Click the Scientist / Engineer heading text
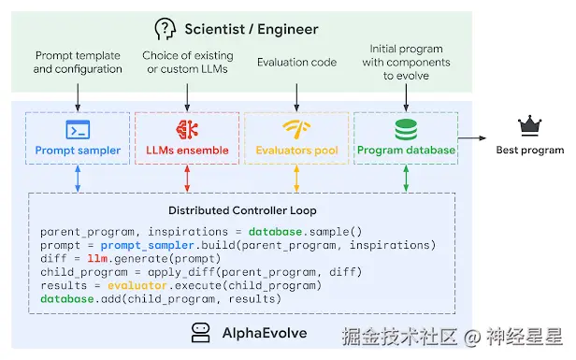(x=250, y=28)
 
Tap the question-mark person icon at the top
(x=165, y=28)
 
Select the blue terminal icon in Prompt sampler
(x=78, y=129)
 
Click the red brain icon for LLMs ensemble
(x=187, y=129)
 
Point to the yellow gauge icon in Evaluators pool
(x=296, y=129)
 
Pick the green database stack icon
(x=406, y=129)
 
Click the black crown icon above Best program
(x=530, y=126)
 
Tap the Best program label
(x=530, y=150)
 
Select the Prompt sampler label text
(x=78, y=150)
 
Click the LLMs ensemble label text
(x=187, y=150)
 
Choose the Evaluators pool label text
(x=296, y=150)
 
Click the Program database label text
(x=406, y=150)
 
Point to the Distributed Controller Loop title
(x=241, y=209)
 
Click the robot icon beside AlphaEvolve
(x=200, y=331)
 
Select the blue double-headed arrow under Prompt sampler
(x=78, y=180)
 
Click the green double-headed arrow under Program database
(x=406, y=180)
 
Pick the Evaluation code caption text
(x=296, y=62)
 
